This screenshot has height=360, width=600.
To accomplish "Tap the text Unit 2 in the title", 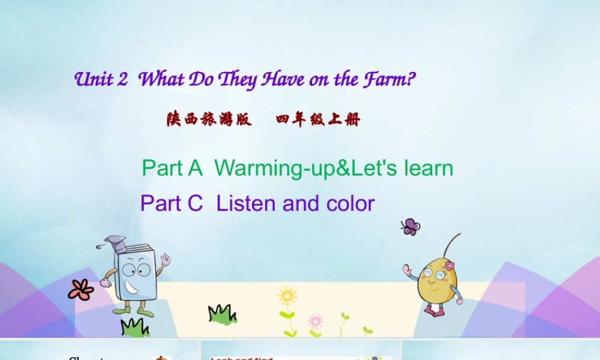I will [101, 80].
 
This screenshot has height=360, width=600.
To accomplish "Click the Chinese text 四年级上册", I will [318, 119].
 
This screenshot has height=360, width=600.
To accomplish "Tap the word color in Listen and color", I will [350, 204].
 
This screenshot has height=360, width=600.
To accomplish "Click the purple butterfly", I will [410, 226].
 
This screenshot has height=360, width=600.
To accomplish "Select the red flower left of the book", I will [80, 290].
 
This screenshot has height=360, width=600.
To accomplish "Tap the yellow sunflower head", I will [287, 296].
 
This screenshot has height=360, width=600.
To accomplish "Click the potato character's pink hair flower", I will [449, 265].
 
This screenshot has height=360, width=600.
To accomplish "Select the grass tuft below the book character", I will [134, 328].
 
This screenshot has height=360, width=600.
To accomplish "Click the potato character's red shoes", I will [433, 310].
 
